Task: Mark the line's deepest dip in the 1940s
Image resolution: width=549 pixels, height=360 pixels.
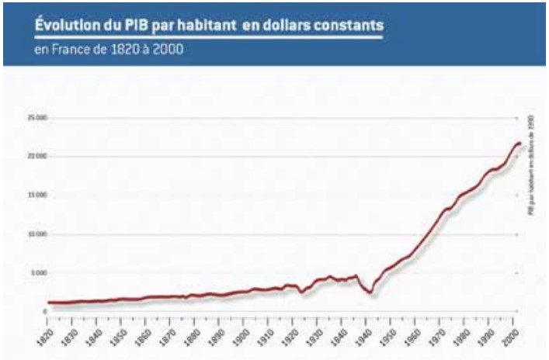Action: (371, 292)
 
